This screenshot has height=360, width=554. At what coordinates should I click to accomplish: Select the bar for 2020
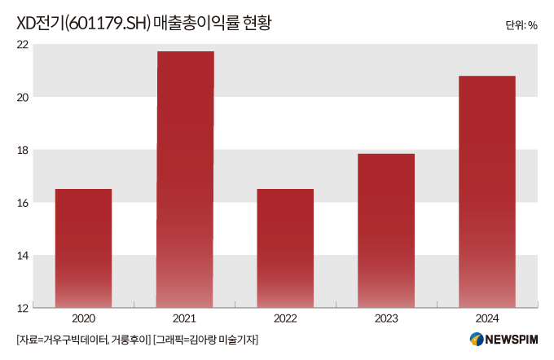coord(83,248)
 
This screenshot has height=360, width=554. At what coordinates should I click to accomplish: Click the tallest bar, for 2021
coord(185,179)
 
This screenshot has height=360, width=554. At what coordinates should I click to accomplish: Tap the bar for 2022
coord(285,248)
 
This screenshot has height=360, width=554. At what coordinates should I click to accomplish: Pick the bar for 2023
coord(386,230)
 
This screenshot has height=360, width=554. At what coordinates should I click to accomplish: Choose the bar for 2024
coord(487,191)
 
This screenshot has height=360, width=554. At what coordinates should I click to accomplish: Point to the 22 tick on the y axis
coord(22,45)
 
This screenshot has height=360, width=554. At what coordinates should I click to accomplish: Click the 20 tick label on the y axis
coord(22,98)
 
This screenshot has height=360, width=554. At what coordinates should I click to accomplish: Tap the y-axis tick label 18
coord(22,150)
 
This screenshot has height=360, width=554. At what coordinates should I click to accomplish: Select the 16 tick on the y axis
coord(22,203)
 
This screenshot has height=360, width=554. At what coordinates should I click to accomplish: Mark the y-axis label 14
coord(22,256)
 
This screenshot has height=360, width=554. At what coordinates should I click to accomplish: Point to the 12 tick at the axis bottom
coord(22,308)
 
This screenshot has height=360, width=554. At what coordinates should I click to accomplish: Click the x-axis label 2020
coord(83,319)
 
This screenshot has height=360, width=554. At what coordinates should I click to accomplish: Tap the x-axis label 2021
coord(185,319)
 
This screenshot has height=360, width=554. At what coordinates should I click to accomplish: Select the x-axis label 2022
coord(285,319)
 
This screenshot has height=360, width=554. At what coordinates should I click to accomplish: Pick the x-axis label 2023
coord(386,319)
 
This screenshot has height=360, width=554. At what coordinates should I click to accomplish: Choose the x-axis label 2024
coord(487,319)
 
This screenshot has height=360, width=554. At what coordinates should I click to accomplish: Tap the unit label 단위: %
coord(521,25)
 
